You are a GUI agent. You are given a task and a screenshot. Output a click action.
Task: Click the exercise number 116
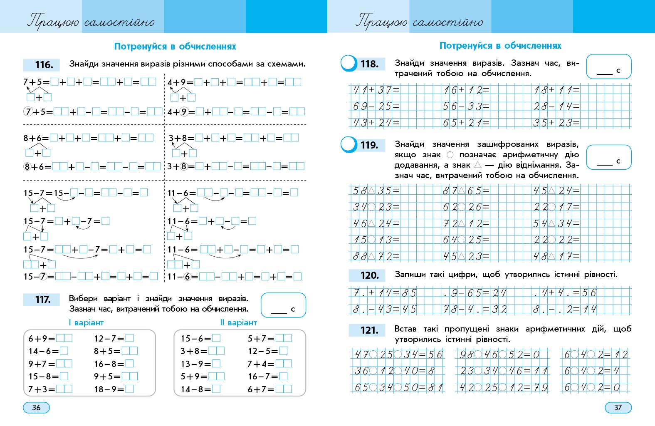point(43,65)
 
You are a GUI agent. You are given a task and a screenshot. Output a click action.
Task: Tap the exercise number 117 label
point(43,300)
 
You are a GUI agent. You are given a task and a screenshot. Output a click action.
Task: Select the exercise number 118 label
point(369,64)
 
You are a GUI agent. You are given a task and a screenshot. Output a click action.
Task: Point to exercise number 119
point(369,145)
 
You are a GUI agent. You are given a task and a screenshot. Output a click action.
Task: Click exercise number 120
point(369,275)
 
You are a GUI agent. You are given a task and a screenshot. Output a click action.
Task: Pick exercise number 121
point(369,330)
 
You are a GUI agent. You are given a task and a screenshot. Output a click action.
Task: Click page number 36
point(36,407)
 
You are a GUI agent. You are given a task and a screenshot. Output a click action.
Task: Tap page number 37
point(618,407)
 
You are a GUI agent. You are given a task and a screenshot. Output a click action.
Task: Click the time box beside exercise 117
point(283,305)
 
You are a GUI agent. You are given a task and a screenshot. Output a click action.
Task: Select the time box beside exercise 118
point(608,67)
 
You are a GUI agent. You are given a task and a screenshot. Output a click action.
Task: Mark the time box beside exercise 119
point(608,157)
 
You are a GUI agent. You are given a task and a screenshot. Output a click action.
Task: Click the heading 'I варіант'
point(86,322)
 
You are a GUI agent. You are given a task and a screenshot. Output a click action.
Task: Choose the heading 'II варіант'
point(238,322)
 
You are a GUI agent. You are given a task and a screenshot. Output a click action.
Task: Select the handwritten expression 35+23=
point(556,123)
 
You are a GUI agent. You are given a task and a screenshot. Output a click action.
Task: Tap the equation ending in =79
point(503,387)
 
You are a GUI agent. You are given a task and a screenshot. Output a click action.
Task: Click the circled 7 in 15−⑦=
point(42,277)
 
